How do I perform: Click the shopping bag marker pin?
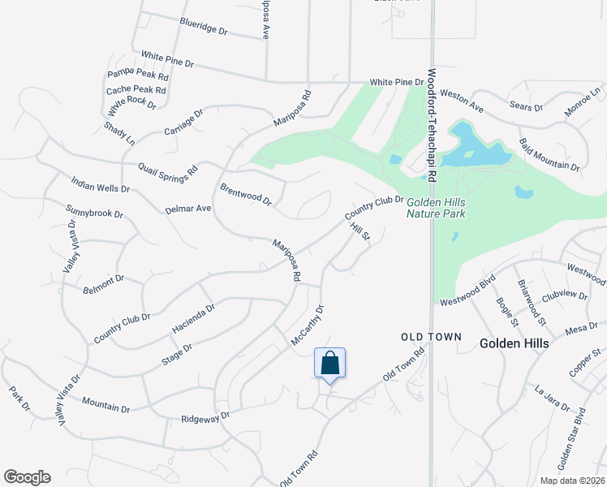[330, 364]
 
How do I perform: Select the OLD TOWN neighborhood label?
[431, 336]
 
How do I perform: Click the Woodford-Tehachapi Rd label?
[433, 126]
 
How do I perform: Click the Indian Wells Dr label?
[101, 185]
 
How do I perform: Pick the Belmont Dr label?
[103, 283]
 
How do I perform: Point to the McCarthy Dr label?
[308, 326]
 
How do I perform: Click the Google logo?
[27, 477]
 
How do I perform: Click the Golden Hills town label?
[514, 343]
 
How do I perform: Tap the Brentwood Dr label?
[245, 194]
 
